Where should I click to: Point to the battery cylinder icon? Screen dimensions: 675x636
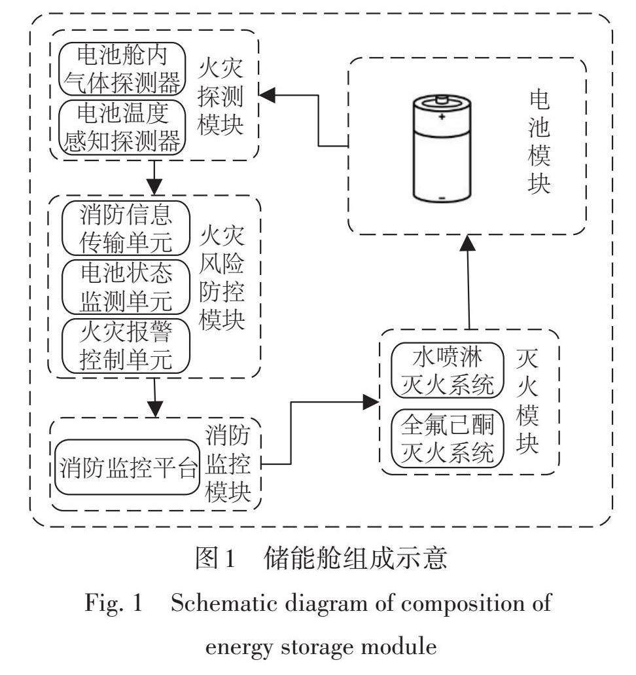[441, 149]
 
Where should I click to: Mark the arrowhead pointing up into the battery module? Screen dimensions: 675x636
[469, 242]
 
